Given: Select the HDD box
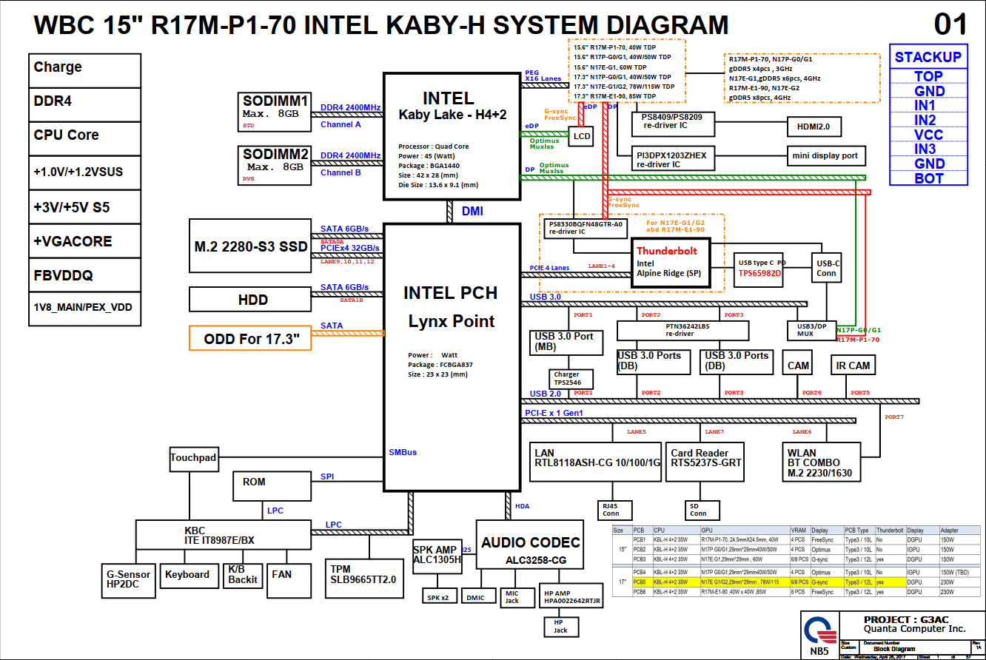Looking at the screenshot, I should point(252,300).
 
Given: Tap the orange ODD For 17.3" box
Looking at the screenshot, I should point(251,339).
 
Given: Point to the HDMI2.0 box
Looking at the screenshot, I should point(814,127).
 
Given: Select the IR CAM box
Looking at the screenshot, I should point(853,366).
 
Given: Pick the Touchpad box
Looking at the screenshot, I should point(193,458).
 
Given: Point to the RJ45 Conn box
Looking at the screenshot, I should point(611,510).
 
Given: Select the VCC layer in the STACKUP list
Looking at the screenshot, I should point(928,135).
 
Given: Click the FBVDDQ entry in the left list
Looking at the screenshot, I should point(84,275).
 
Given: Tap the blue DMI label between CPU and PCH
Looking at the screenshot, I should point(472,211).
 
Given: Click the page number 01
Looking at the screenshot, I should point(950,24).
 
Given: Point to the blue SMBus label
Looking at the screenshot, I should point(403,452).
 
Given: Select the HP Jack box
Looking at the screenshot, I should point(560,626).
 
